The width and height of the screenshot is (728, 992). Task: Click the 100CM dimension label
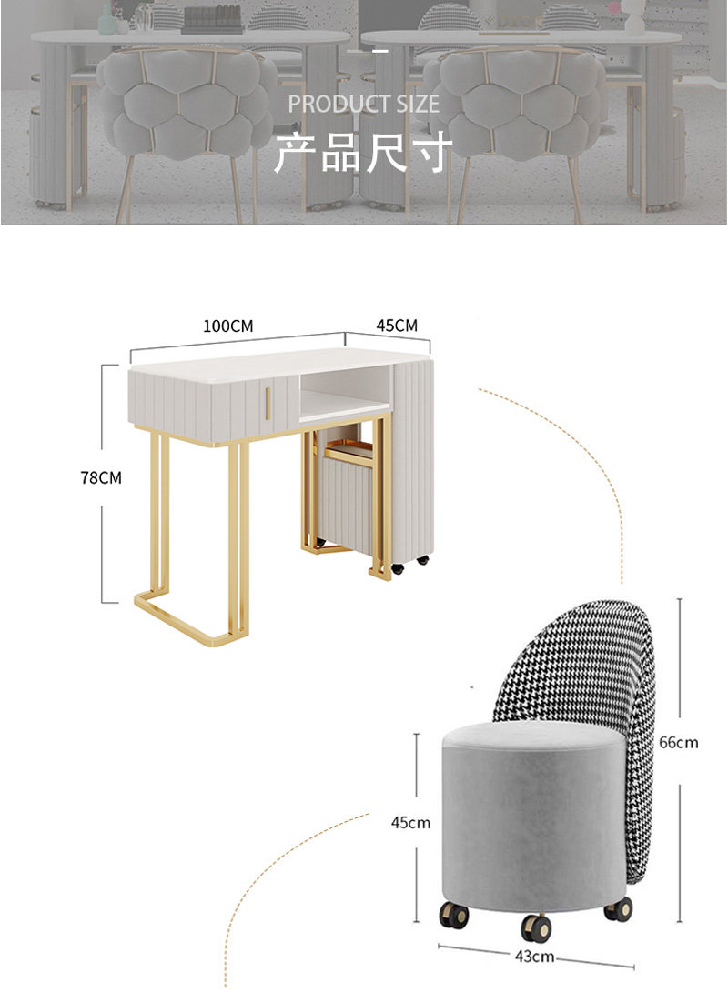tap(228, 326)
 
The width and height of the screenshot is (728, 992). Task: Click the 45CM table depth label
tap(396, 325)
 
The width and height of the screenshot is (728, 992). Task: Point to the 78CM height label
tap(100, 477)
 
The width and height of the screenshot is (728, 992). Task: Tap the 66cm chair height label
tap(679, 742)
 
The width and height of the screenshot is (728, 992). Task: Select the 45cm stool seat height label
tap(410, 823)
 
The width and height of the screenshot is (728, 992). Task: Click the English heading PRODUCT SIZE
tap(364, 104)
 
